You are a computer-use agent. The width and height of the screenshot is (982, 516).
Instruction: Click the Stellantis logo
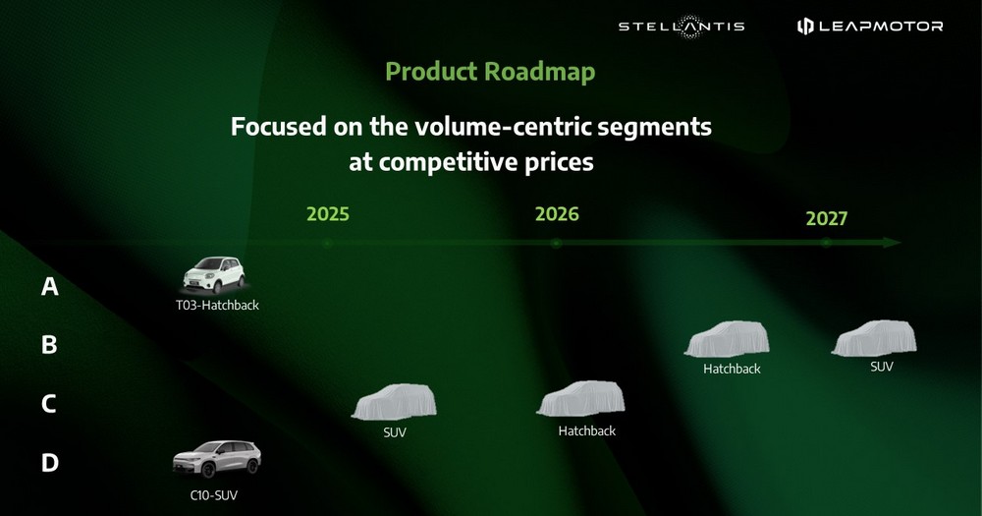coord(682,27)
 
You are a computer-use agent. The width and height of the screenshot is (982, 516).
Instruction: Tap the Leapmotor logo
coord(870,26)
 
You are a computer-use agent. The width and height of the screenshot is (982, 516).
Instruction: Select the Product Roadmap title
coord(490,72)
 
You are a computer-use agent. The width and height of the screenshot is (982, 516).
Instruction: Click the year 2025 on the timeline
coord(328,214)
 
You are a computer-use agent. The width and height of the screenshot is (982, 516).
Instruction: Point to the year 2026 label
coord(557,214)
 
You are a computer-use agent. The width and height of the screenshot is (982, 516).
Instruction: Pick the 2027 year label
coord(826,218)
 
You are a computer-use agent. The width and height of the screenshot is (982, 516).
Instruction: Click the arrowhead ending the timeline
coord(893,243)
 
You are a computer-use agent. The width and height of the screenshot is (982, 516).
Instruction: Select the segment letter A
coord(49,287)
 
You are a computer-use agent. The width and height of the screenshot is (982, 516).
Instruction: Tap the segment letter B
coord(49,345)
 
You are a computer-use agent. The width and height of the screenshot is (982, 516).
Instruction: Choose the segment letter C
coord(49,404)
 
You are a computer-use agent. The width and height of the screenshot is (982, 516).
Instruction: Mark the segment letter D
coord(49,463)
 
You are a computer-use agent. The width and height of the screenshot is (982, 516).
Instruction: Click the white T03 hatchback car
coord(213,274)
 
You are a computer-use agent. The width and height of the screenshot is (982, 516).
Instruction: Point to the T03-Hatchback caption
coord(217,306)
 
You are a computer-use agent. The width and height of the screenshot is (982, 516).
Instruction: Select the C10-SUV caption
coord(213,495)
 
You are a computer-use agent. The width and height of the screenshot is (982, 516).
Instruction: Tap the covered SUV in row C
coord(394,402)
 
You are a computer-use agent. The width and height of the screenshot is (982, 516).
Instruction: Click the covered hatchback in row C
coord(580,399)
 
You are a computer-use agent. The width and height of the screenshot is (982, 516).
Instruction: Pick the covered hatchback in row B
coord(727,339)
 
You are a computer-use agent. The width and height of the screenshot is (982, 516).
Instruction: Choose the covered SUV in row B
coord(874,338)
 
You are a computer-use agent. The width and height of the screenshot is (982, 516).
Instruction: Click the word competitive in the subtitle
coord(448,162)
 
